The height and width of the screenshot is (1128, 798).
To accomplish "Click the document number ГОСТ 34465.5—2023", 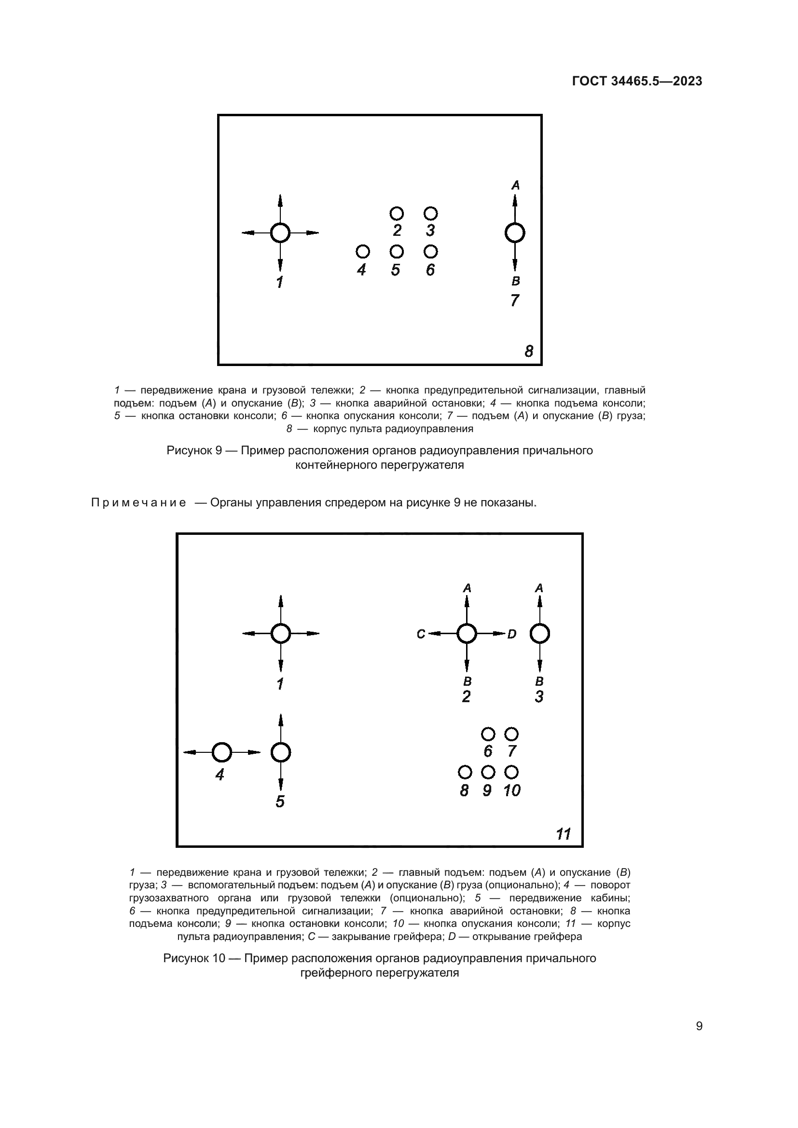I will pyautogui.click(x=637, y=82).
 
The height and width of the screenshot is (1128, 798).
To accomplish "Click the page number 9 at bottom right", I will pyautogui.click(x=699, y=1026).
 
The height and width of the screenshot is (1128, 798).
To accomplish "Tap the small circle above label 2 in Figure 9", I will pyautogui.click(x=397, y=213).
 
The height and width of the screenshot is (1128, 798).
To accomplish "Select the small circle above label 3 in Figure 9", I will pyautogui.click(x=430, y=213).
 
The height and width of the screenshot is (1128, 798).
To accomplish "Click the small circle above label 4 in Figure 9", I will pyautogui.click(x=363, y=252).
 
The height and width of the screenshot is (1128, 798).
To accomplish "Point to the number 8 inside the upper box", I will pyautogui.click(x=529, y=351).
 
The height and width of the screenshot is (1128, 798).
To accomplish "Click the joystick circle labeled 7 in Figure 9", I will pyautogui.click(x=514, y=233).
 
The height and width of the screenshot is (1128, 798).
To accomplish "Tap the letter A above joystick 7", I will pyautogui.click(x=515, y=185).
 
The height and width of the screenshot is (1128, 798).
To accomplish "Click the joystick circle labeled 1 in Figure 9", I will pyautogui.click(x=280, y=233).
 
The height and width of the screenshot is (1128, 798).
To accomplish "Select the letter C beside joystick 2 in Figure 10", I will pyautogui.click(x=421, y=634).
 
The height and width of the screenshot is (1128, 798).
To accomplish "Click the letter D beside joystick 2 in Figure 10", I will pyautogui.click(x=511, y=634).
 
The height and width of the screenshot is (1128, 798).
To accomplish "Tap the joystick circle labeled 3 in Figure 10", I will pyautogui.click(x=539, y=634).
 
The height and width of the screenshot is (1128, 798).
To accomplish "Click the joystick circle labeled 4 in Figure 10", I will pyautogui.click(x=221, y=752).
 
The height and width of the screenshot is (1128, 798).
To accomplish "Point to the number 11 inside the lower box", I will pyautogui.click(x=563, y=834).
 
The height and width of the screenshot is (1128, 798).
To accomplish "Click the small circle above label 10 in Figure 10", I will pyautogui.click(x=511, y=772).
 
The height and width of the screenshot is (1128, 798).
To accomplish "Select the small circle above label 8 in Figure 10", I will pyautogui.click(x=464, y=772).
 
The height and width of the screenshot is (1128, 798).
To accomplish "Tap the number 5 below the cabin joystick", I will pyautogui.click(x=280, y=802).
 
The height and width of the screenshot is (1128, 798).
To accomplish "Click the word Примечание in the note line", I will pyautogui.click(x=138, y=503).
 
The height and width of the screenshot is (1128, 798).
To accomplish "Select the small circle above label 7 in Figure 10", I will pyautogui.click(x=511, y=734).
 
